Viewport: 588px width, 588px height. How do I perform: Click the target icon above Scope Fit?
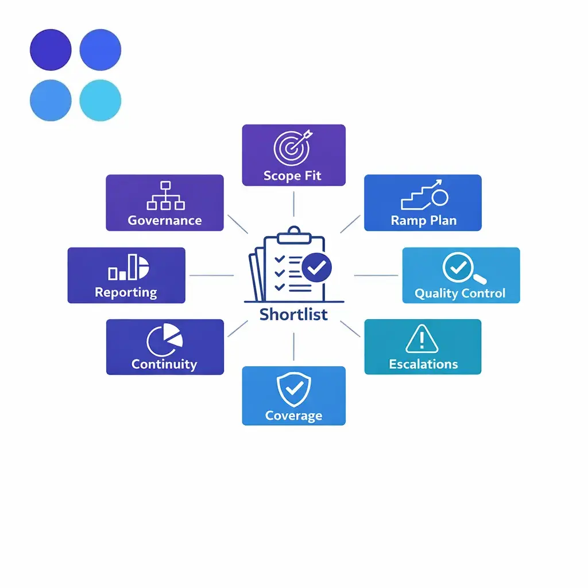[292, 148]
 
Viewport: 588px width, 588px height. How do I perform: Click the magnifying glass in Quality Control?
[464, 268]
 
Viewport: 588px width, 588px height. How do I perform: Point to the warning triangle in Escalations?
[422, 339]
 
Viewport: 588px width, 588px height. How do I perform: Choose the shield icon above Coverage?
[293, 389]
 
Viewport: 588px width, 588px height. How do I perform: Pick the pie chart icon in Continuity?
[164, 340]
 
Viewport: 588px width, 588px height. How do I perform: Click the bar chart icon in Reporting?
[129, 267]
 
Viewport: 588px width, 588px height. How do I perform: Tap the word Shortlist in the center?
[293, 314]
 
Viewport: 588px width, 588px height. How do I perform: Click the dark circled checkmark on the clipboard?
[316, 268]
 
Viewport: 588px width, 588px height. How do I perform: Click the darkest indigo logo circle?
[51, 50]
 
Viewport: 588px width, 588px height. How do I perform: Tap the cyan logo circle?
[100, 100]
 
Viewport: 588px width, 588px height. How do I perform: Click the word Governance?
[165, 220]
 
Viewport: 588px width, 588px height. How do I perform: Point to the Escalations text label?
[423, 364]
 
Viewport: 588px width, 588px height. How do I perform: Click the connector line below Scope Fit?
[293, 204]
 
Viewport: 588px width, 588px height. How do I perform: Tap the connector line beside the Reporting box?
[211, 275]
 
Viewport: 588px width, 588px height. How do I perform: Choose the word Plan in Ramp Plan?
[443, 220]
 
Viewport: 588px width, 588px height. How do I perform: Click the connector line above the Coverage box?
[293, 346]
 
